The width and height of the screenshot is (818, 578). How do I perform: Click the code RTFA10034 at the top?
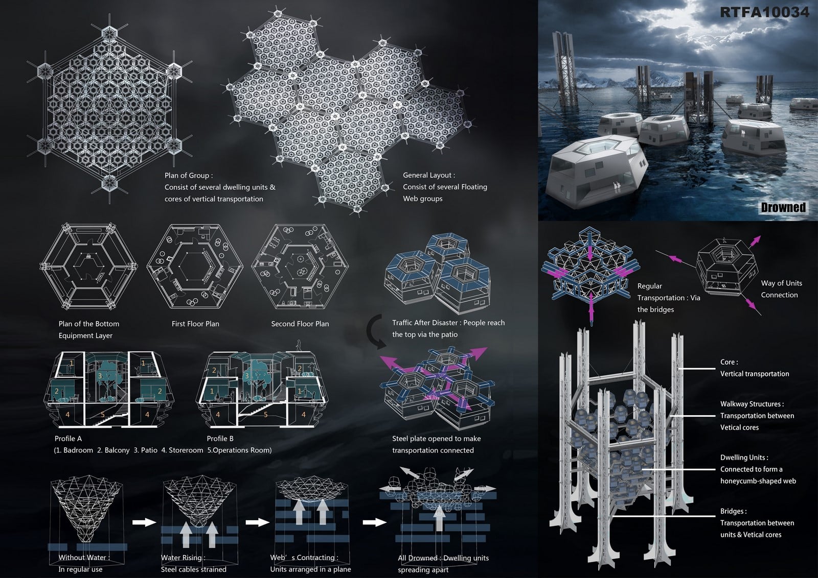tap(765, 12)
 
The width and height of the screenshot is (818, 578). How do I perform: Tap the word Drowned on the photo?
tap(783, 207)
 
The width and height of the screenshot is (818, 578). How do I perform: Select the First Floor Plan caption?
tap(195, 324)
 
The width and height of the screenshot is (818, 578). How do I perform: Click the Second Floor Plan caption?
tap(300, 324)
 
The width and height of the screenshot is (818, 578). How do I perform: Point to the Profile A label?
tap(68, 438)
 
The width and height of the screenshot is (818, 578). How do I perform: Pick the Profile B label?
tap(220, 438)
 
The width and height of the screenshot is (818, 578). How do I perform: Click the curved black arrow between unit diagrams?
tap(375, 331)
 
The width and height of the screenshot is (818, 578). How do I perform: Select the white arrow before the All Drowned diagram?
tap(374, 522)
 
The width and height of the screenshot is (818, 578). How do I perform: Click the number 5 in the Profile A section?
tap(103, 415)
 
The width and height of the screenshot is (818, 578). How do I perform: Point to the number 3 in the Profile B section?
tap(247, 376)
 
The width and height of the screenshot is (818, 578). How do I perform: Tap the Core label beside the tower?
tap(729, 362)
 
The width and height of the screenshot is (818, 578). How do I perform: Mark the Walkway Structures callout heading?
tap(752, 404)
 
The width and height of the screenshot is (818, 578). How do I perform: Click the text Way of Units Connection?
tap(782, 289)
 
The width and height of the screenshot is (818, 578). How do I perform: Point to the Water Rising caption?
tap(183, 558)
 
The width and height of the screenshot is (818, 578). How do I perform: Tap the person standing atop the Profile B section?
tap(299, 345)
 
